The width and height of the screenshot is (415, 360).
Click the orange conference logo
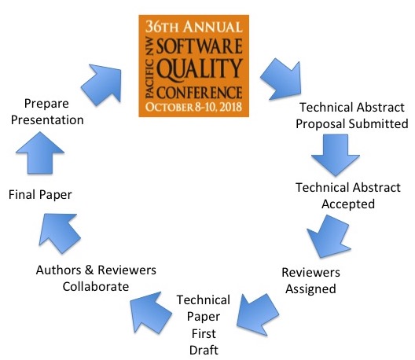193,66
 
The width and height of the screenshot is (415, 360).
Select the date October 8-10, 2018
193,107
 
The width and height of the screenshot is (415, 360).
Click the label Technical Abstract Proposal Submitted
352,116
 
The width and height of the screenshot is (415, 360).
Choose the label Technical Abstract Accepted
348,196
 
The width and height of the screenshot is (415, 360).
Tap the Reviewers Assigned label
310,281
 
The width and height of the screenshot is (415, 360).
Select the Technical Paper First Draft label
204,325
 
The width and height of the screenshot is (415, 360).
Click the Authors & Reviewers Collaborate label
96,278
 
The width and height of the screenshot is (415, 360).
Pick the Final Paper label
40,195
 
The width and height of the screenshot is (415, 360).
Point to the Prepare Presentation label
47,112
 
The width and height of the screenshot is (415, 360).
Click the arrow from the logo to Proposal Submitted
282,79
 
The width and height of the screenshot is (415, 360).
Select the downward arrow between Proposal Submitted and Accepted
336,155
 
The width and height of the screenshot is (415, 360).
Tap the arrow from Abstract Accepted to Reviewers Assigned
329,237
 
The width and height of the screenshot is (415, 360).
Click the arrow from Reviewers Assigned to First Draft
257,314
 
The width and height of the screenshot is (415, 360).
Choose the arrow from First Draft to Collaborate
151,312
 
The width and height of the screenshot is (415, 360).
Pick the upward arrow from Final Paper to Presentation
40,152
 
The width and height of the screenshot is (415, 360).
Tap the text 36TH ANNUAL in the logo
193,27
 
